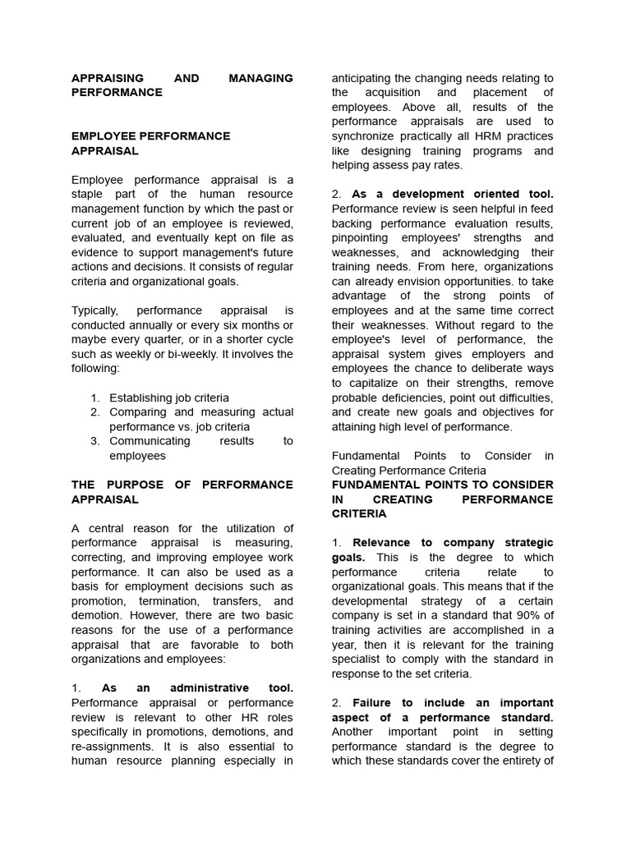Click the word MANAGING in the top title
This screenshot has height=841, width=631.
click(260, 78)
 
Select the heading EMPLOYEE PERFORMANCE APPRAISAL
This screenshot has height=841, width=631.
click(150, 143)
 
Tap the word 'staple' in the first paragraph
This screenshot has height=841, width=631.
click(90, 194)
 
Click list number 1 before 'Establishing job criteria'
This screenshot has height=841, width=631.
click(95, 398)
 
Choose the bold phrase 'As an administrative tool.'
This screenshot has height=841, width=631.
click(197, 688)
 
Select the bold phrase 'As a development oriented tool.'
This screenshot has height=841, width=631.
click(453, 194)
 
